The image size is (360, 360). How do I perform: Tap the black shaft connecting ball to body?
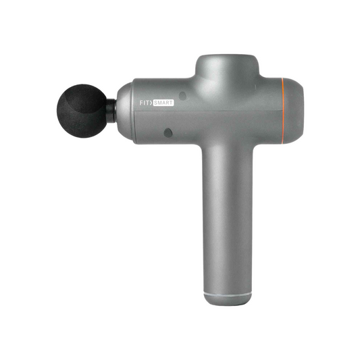click(x=111, y=107)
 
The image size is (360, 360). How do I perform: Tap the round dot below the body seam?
click(x=168, y=133)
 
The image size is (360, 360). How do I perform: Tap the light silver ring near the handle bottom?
click(x=228, y=295)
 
